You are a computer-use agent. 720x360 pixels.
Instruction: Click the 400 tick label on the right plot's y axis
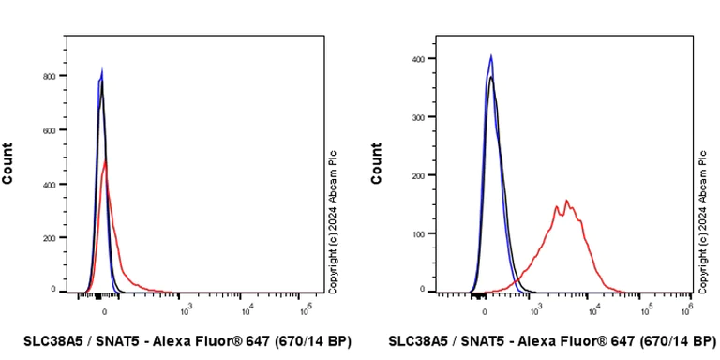(x=425, y=59)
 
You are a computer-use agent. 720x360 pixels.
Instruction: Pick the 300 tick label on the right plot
(x=425, y=117)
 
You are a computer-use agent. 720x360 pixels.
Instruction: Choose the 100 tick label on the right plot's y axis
(x=425, y=232)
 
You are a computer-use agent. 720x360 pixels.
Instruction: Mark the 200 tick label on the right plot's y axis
(x=425, y=175)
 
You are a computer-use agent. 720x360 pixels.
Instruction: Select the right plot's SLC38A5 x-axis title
(x=552, y=341)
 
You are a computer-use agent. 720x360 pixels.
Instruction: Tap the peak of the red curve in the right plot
(x=566, y=200)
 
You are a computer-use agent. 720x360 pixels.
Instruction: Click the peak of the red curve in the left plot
(x=106, y=161)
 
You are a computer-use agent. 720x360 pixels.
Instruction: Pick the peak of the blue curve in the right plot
(x=490, y=55)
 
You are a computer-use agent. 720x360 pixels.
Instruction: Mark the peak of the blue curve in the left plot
(x=102, y=69)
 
